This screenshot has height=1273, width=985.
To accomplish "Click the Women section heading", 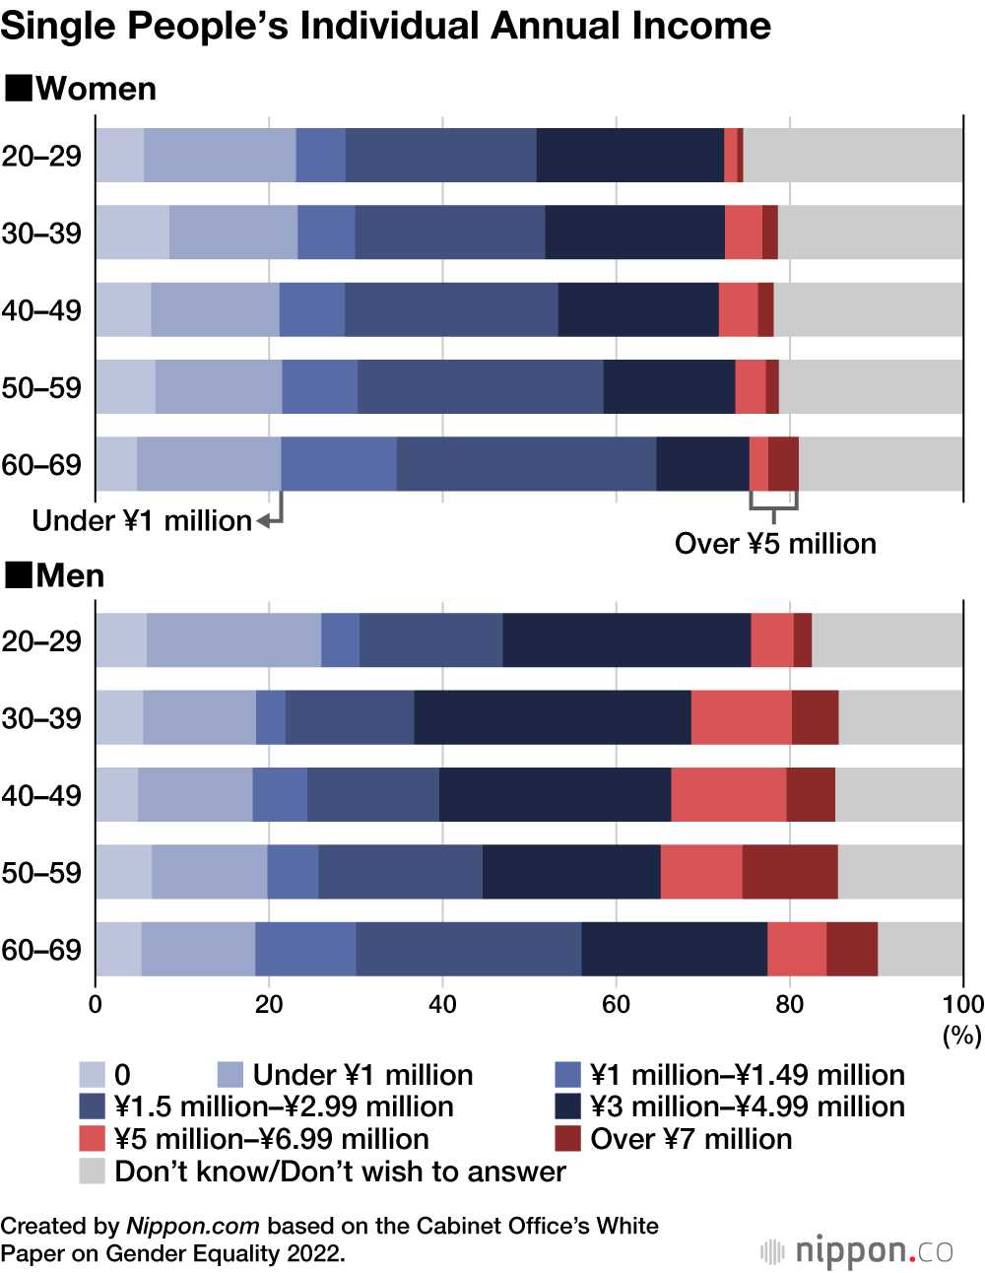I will [96, 89].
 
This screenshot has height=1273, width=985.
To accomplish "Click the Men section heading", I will [70, 575].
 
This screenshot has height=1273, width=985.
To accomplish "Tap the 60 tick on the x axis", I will [616, 1004].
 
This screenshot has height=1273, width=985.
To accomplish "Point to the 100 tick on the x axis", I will [962, 1004].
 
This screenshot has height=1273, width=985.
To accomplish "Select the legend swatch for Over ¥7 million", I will [568, 1139].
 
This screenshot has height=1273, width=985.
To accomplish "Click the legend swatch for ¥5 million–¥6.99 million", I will [92, 1139].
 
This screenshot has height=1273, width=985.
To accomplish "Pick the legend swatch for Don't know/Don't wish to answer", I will [92, 1172].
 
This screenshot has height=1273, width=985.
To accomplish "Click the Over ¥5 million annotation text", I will [775, 544].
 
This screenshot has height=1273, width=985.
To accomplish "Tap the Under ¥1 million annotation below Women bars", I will [142, 520].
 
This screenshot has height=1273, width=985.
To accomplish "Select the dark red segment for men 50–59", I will [790, 872].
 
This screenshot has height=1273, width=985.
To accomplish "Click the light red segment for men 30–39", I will [741, 717].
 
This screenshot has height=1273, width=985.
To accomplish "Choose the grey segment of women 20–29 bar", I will [852, 156].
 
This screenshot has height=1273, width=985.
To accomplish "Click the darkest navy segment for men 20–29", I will [626, 640].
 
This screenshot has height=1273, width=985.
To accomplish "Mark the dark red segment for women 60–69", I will [783, 464].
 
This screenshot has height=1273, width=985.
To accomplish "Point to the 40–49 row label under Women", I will [41, 310].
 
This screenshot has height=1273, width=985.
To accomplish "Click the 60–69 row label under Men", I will [41, 950].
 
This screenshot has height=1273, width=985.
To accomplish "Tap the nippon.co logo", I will [857, 1251].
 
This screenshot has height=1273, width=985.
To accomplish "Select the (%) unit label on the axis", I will [962, 1036].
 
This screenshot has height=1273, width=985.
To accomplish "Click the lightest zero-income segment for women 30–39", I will [132, 233].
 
